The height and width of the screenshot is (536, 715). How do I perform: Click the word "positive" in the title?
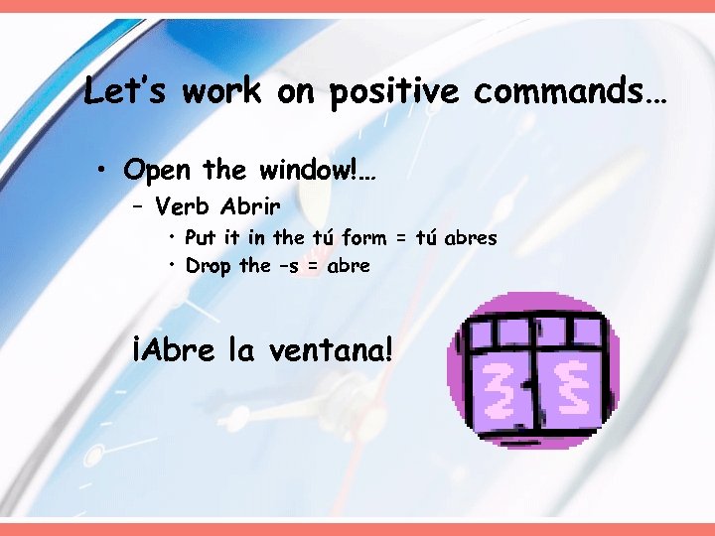click(x=394, y=92)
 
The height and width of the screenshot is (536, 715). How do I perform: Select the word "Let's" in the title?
click(x=123, y=91)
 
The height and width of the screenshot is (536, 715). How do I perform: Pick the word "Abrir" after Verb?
click(x=250, y=207)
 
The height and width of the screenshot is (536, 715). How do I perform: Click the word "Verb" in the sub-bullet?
click(x=185, y=207)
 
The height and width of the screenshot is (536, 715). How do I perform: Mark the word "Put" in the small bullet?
click(x=200, y=238)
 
